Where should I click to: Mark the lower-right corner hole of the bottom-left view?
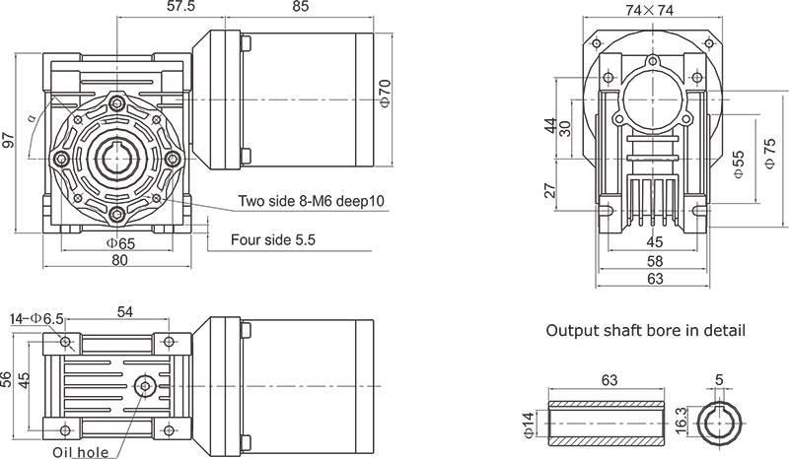click(165, 426)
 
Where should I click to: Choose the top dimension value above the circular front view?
click(178, 8)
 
